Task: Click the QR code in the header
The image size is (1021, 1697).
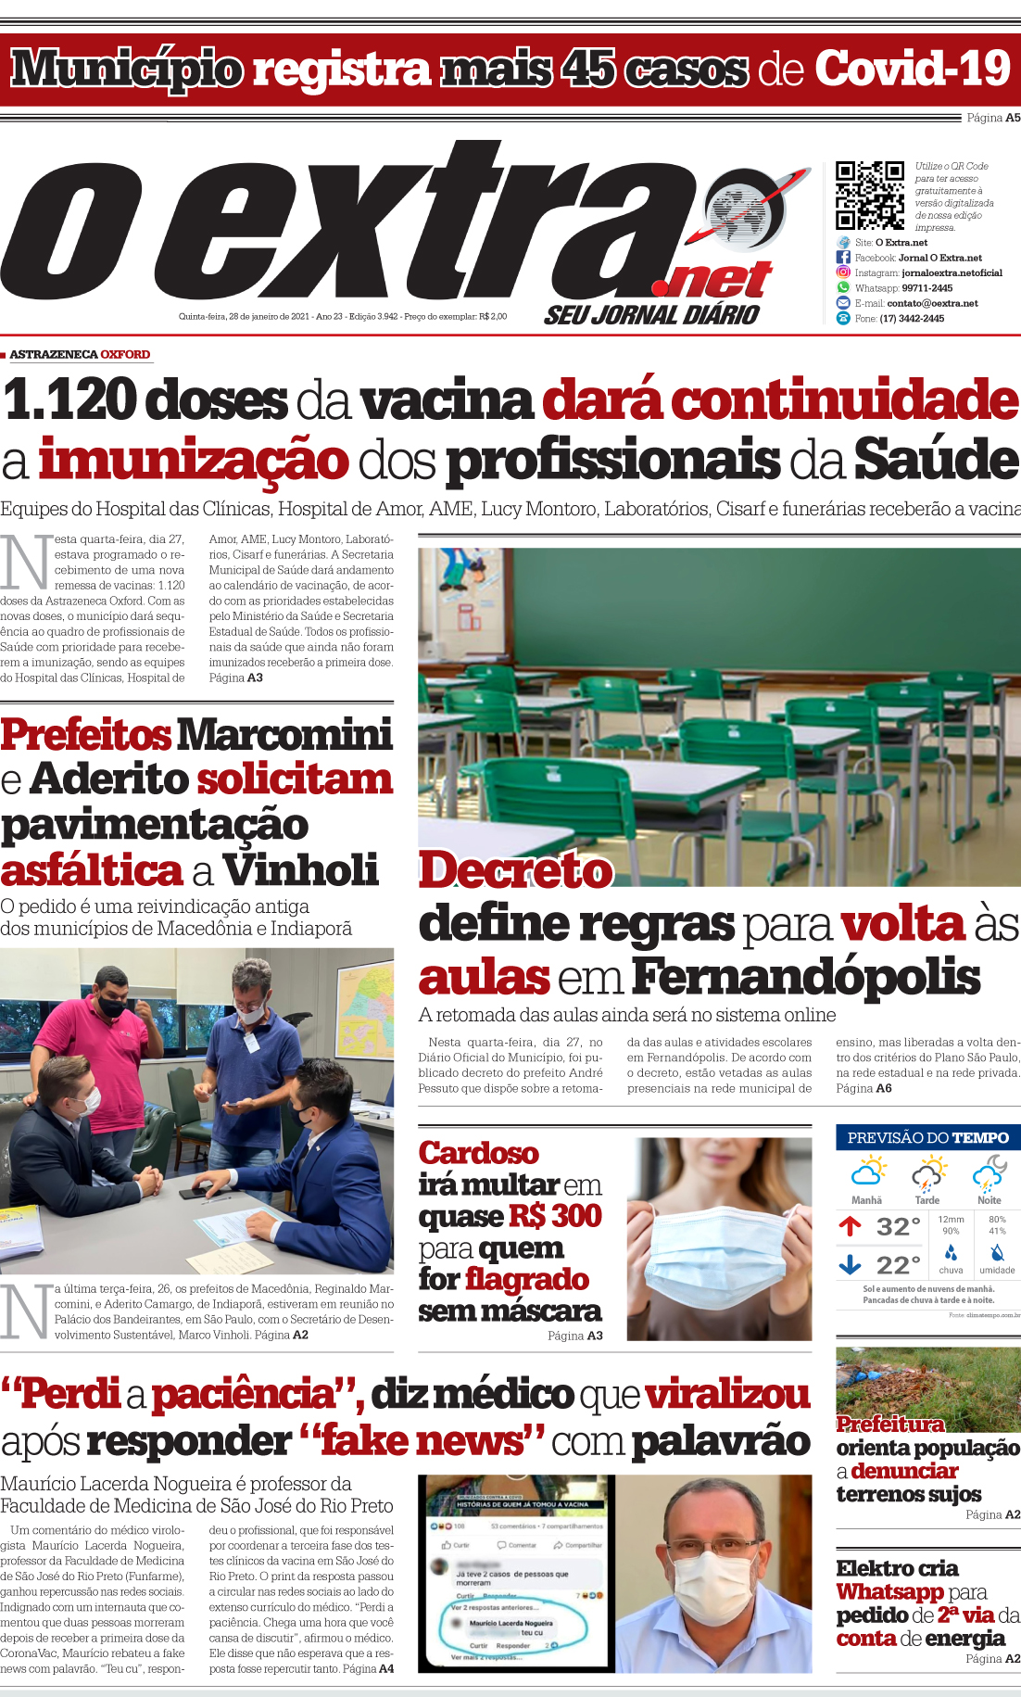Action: coord(870,195)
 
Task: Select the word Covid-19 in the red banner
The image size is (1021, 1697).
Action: coord(912,70)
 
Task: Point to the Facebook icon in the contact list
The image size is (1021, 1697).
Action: coord(843,258)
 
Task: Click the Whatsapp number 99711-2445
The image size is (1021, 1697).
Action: coord(926,288)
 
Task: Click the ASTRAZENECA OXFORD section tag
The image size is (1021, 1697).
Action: coord(80,354)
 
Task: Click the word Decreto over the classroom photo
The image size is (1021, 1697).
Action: coord(515,870)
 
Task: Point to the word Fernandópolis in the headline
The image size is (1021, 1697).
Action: coord(805,977)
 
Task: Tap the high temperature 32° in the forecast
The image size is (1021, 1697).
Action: coord(898,1227)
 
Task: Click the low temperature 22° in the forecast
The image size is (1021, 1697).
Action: coord(898,1265)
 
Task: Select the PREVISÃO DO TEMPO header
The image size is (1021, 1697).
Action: coord(927,1137)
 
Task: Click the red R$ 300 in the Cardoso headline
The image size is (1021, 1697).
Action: coord(553,1216)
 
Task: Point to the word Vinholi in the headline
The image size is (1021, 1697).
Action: coord(300,870)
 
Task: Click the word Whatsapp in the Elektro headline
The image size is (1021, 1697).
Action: coord(889,1591)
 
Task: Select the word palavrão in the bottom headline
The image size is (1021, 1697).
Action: coord(721,1441)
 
